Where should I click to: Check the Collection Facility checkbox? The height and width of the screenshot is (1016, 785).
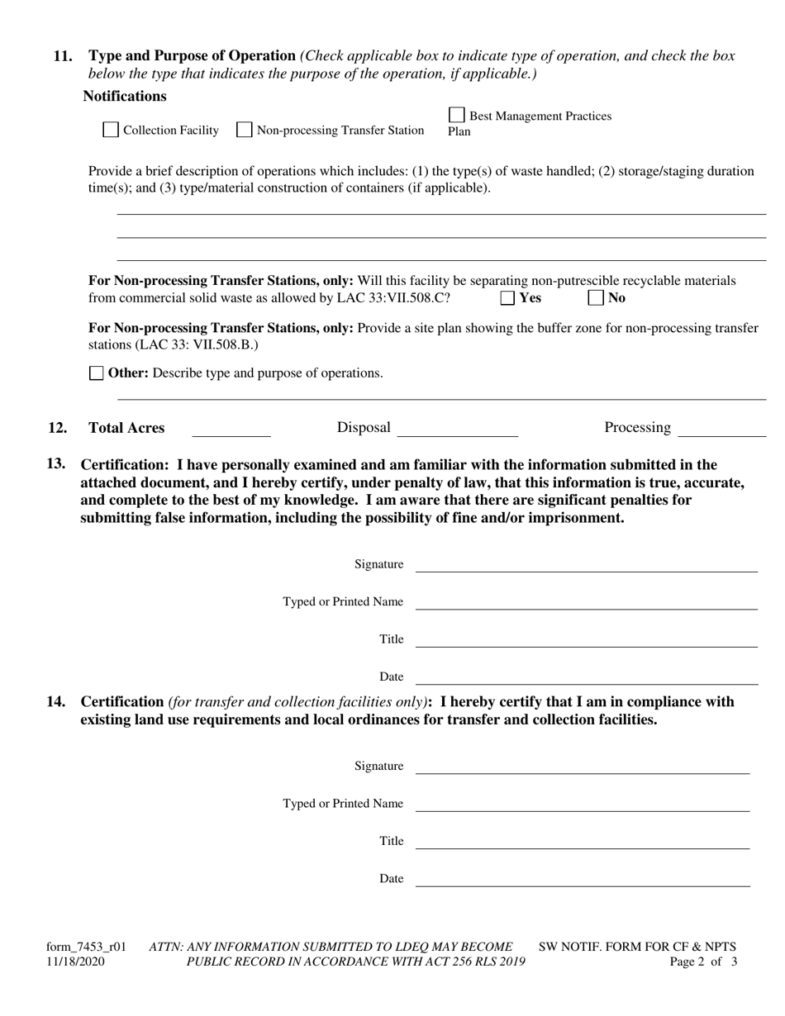coord(110,130)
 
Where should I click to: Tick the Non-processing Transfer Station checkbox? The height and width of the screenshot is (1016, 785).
coord(245,130)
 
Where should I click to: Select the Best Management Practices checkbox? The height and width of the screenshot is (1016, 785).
coord(456,116)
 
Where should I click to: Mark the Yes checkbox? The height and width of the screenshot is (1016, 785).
coord(508,297)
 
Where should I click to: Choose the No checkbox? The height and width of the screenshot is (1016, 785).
coord(596,297)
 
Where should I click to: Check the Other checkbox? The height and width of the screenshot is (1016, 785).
coord(97,373)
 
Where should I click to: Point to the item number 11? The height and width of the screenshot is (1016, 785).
coord(62,56)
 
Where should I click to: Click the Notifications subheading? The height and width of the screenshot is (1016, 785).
coord(124,96)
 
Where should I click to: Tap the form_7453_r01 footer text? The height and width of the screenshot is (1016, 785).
coord(86,947)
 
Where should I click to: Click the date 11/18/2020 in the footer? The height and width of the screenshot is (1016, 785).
coord(75,961)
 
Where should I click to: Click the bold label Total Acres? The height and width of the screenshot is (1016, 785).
coord(126,428)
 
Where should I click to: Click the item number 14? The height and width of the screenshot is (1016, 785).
coord(56,702)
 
